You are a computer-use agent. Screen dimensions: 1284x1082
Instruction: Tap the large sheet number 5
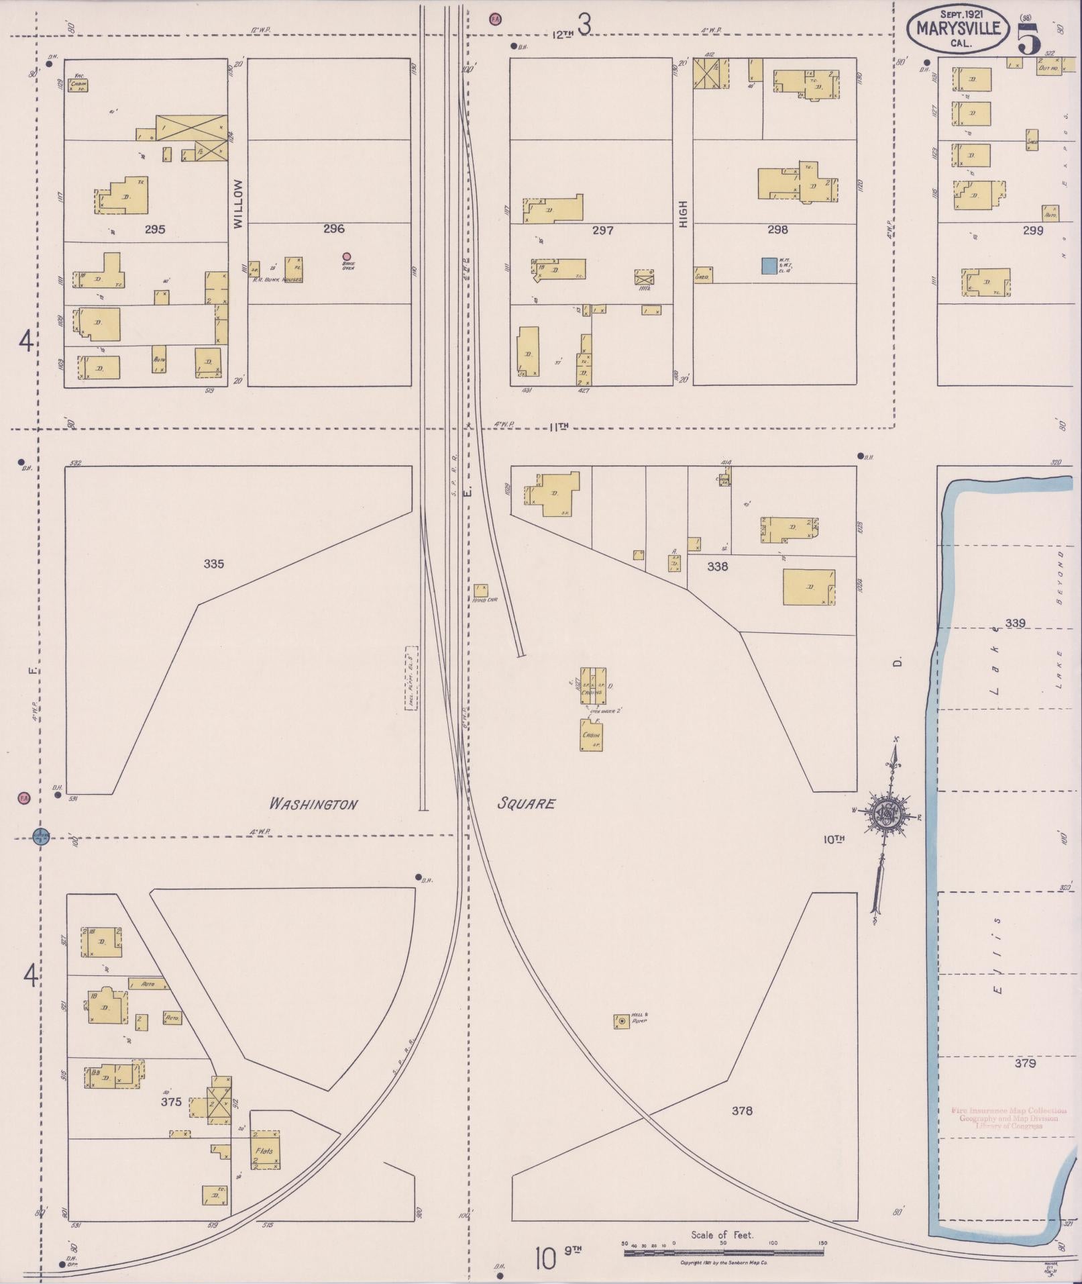coord(1029,38)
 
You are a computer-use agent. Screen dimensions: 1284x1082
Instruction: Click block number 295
coord(154,230)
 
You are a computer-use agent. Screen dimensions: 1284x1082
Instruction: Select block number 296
coord(333,229)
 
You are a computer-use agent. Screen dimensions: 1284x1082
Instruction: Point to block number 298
coord(777,230)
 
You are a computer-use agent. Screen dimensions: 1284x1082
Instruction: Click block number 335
coord(213,564)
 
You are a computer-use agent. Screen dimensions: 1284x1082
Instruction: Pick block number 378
coord(742,1111)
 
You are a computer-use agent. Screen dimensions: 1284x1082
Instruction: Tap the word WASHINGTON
coord(313,804)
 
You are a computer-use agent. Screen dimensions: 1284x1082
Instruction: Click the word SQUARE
coord(526,803)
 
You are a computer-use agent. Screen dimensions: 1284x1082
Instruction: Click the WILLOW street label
coord(238,205)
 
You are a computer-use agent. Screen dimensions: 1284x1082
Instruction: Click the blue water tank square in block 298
coord(768,266)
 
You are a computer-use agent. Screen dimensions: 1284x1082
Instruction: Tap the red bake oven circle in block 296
coord(347,256)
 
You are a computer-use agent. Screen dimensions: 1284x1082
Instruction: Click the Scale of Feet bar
coord(724,1252)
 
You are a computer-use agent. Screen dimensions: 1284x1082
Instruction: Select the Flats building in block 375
coord(265,1150)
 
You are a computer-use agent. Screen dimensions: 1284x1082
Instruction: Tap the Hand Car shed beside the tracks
coord(481,590)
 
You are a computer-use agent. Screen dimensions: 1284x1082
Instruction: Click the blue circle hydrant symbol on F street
coord(42,836)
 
